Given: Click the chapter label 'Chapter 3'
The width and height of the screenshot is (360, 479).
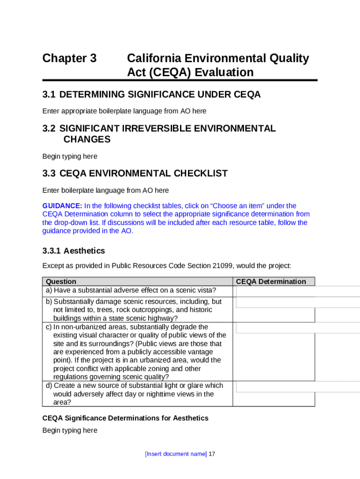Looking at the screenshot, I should click(69, 58).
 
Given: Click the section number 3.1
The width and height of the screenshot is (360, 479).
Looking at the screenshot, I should click(49, 95).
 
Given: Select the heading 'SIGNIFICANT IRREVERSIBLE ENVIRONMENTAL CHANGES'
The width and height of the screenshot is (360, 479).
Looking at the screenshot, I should click(167, 134).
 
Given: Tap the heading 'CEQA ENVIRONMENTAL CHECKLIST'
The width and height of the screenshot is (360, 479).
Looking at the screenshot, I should click(144, 174).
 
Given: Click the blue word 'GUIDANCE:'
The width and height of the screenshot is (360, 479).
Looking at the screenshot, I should click(62, 206).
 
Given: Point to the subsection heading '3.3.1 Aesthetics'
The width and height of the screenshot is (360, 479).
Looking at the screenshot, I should click(73, 251).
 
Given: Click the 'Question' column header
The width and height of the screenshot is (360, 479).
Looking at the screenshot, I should click(61, 282).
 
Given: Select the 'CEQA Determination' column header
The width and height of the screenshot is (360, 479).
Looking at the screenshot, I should click(271, 282).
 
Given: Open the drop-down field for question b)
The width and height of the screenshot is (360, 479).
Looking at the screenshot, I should click(298, 302).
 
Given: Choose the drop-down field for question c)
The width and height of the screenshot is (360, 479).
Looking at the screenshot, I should click(298, 327).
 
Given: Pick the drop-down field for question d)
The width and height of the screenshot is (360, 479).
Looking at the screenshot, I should click(298, 386).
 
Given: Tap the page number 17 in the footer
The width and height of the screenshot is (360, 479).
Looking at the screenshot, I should click(212, 454).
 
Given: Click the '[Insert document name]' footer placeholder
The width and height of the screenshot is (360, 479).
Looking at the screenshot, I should click(176, 454).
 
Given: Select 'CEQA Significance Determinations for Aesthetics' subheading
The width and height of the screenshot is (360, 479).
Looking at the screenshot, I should click(125, 418).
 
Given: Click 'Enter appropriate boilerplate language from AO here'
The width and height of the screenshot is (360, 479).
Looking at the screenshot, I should click(124, 111).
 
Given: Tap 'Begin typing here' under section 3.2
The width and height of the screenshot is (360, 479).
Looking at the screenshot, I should click(70, 156).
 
